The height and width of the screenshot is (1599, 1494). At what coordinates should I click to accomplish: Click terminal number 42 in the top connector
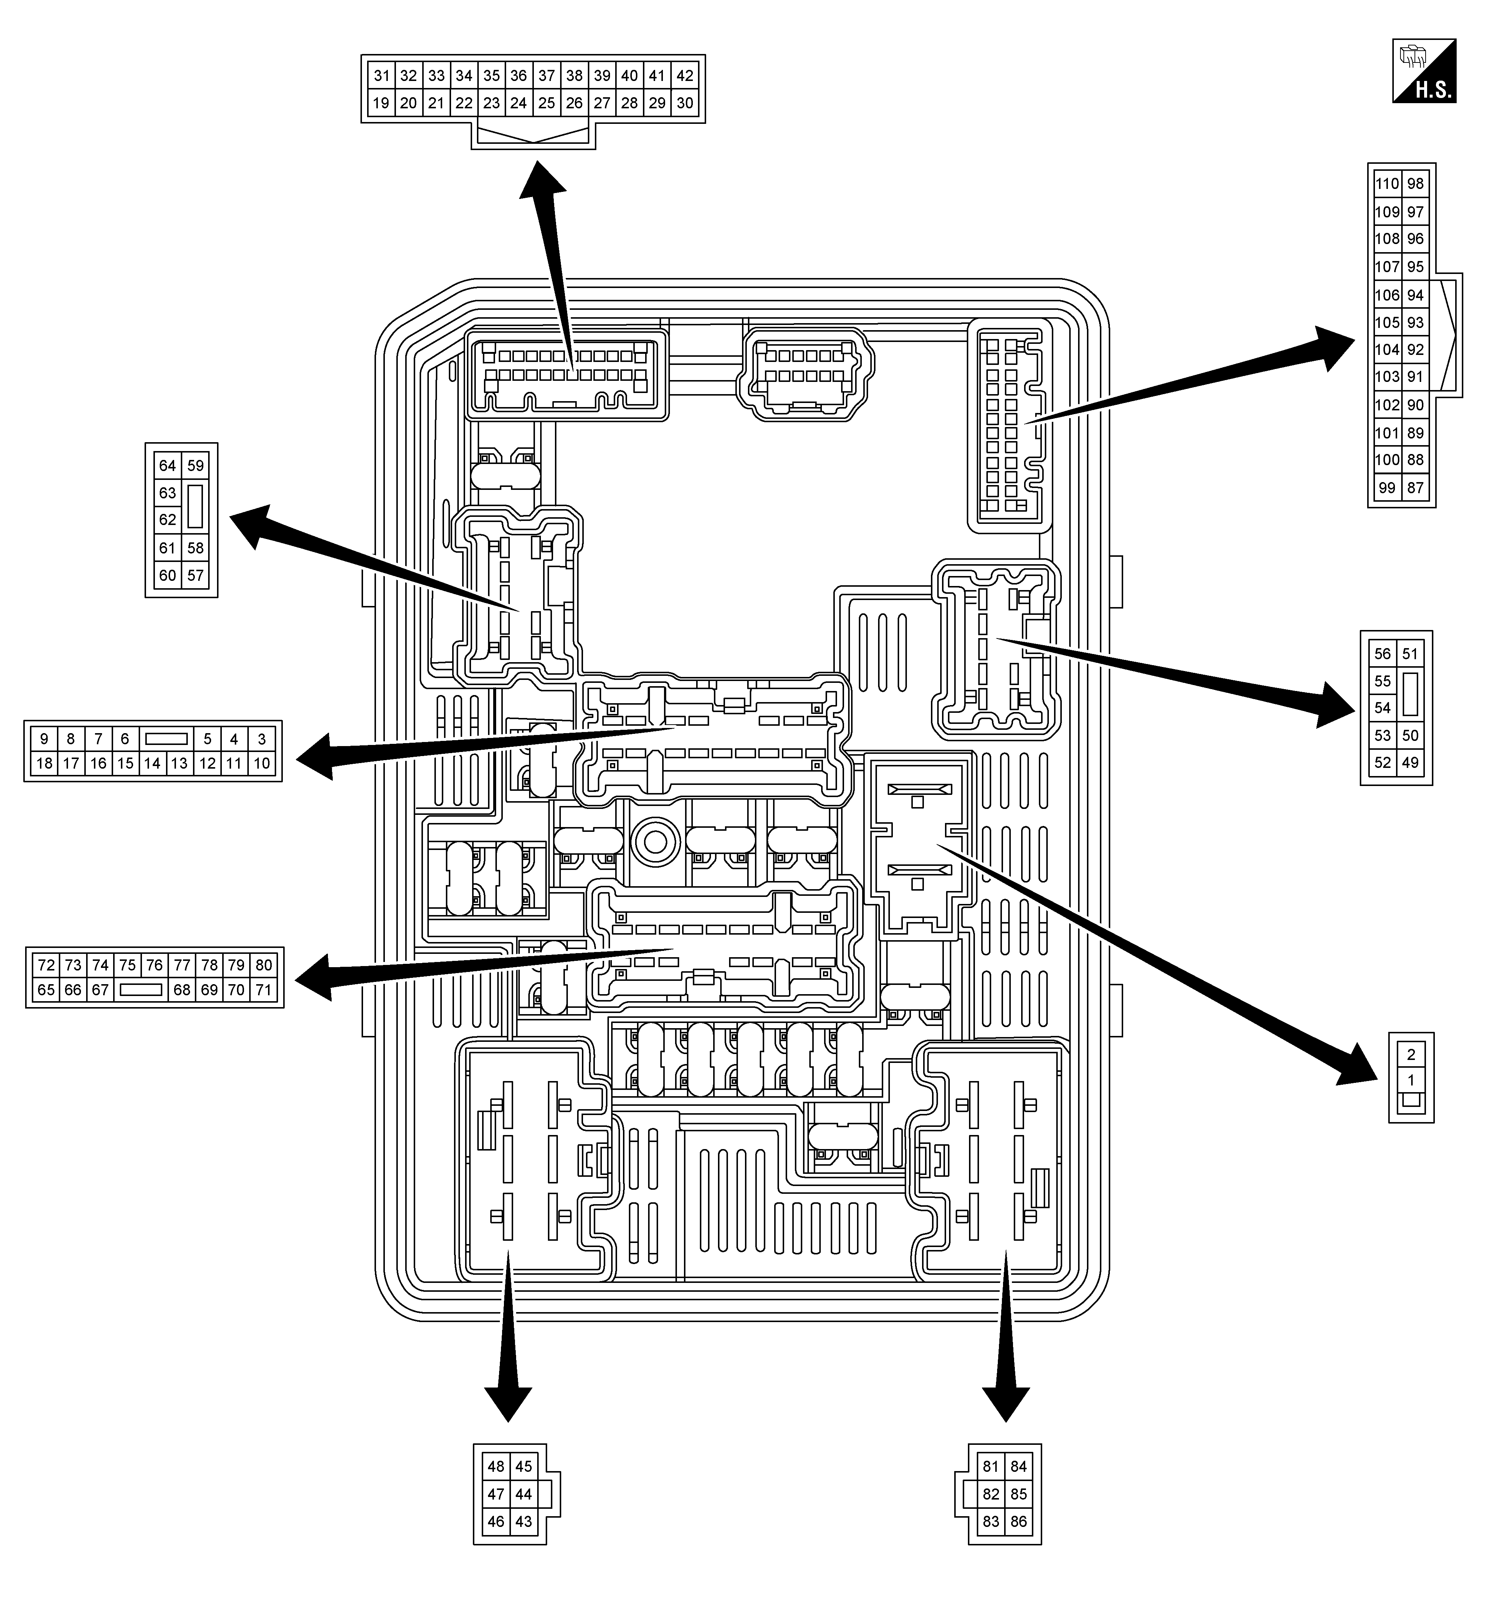click(685, 76)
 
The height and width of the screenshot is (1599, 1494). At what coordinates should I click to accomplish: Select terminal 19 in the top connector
click(381, 103)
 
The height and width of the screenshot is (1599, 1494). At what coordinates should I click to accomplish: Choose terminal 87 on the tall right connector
click(1415, 487)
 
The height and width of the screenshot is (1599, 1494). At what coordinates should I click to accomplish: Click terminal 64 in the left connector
click(167, 466)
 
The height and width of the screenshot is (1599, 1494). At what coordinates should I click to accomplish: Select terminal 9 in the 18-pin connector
click(44, 738)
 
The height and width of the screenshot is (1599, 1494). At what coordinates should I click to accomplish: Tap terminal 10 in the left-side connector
click(261, 763)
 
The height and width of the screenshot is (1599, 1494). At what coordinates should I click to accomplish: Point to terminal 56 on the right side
click(1382, 654)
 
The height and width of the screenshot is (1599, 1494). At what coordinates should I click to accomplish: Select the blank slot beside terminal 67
click(141, 990)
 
